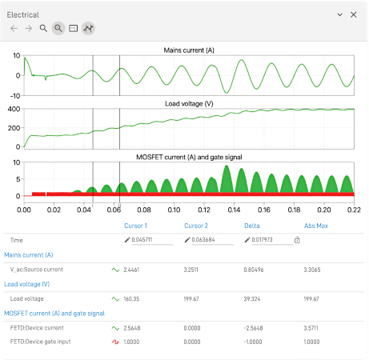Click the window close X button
click(354, 14)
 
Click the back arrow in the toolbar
click(14, 28)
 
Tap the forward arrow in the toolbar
click(29, 28)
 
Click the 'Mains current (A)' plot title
click(189, 50)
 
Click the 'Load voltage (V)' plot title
click(189, 104)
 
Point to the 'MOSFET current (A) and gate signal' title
click(189, 157)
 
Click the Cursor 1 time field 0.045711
click(141, 240)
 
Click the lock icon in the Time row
click(297, 240)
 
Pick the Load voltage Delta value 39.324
click(254, 298)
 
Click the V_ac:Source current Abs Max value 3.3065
click(315, 270)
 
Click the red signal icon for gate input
click(115, 342)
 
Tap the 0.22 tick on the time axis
click(353, 210)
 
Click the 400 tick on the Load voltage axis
click(14, 108)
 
